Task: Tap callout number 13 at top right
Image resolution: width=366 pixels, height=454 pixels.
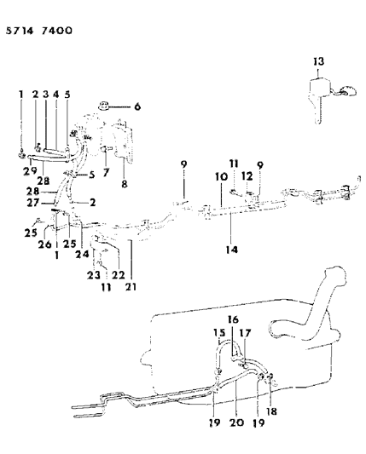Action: [318, 61]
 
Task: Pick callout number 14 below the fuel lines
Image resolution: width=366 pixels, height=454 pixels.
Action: [231, 250]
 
